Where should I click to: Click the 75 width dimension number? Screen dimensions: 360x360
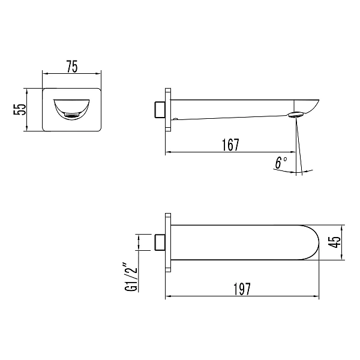(x=72, y=67)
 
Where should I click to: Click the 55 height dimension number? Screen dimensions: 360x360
(x=20, y=110)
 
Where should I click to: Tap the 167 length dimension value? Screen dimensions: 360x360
(x=231, y=145)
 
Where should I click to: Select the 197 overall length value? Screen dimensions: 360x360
(x=242, y=289)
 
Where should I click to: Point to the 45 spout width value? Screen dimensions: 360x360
(x=334, y=242)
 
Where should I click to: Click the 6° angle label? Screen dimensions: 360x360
(x=281, y=163)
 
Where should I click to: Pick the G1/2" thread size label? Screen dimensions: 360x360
(x=131, y=277)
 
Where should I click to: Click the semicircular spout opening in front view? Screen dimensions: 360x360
(x=71, y=110)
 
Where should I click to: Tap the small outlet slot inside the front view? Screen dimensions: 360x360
(x=71, y=115)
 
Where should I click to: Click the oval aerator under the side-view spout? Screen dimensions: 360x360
(x=296, y=115)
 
